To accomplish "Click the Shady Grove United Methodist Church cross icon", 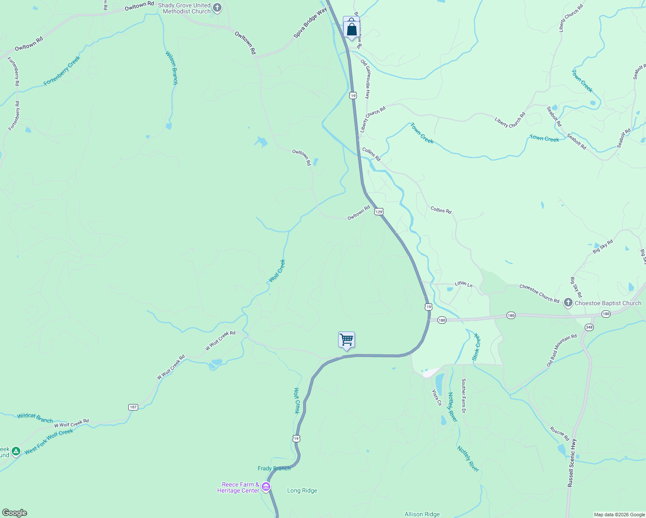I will point(217,8).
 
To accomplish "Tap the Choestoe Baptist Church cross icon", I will point(568,303).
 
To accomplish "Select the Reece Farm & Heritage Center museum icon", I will point(266,487).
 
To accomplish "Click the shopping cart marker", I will point(346,340).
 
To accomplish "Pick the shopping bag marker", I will point(351,29).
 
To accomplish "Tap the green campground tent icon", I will point(16,452).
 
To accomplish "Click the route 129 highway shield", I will point(379,212).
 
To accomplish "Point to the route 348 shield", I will point(589,327).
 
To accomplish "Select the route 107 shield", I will point(133,407).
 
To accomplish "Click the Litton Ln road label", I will point(463,284).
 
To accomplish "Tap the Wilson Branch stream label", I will point(171,68).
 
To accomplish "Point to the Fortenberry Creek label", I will point(62,71).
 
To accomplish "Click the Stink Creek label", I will point(476,347).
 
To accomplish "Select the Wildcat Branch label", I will point(35,417).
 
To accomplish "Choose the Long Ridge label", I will point(302,490).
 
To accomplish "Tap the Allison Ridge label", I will point(422,514).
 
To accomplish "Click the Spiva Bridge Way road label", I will point(310,23).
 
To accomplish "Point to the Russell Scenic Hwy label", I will point(572,463).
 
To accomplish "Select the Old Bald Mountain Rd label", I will point(561,351).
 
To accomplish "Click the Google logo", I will point(14,513).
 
